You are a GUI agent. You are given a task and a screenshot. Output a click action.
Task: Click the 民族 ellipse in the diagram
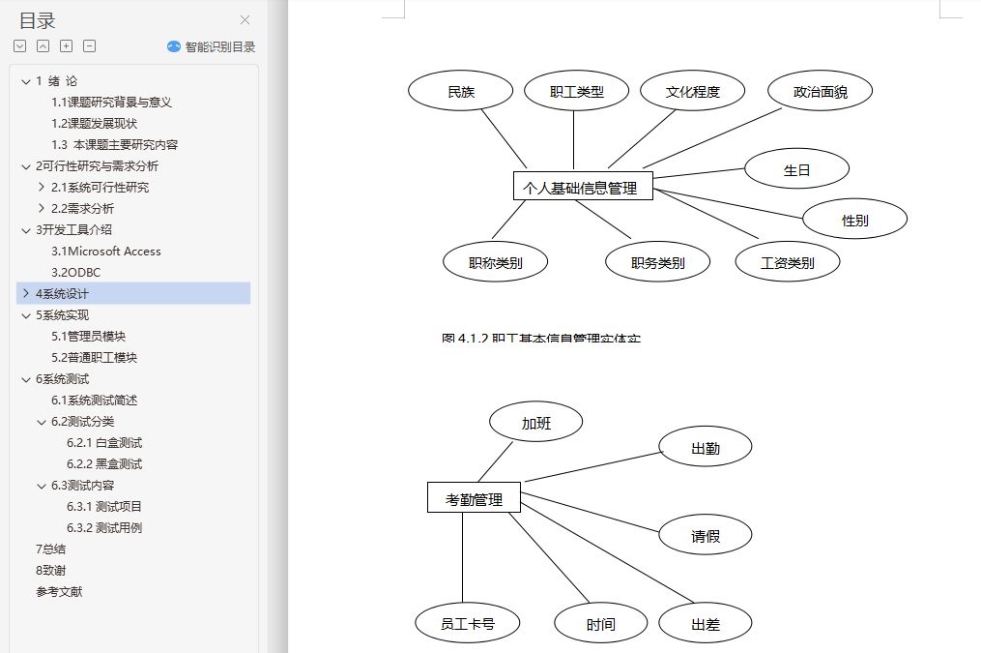click(x=461, y=92)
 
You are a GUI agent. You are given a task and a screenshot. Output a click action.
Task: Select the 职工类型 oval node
click(x=576, y=92)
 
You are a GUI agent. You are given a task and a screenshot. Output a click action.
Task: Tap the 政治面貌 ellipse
click(x=820, y=92)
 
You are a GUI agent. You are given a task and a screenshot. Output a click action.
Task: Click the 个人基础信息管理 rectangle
click(x=582, y=188)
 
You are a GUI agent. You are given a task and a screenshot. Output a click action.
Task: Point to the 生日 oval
click(x=796, y=169)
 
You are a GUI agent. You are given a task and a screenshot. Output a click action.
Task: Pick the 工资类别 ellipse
click(x=787, y=262)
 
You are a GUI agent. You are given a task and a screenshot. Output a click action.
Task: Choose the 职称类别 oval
click(x=495, y=262)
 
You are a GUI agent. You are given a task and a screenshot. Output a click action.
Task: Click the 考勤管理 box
click(x=474, y=499)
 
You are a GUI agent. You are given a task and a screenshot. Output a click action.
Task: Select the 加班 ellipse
click(x=535, y=423)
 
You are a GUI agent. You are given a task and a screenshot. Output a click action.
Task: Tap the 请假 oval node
click(x=705, y=535)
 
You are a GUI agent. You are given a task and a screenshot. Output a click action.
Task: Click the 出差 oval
click(x=705, y=624)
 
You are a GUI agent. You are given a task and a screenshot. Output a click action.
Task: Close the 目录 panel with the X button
click(x=245, y=20)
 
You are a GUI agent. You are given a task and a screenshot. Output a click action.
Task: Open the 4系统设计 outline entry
click(x=62, y=293)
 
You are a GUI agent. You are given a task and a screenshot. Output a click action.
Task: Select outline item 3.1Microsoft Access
click(x=106, y=251)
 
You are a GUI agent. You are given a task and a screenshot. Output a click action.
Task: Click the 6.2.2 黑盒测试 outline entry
click(x=104, y=463)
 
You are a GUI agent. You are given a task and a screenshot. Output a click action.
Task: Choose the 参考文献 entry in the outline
click(x=59, y=591)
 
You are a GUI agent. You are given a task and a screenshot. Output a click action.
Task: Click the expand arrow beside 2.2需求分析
click(x=41, y=208)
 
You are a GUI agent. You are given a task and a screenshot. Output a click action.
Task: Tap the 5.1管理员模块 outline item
click(x=88, y=336)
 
